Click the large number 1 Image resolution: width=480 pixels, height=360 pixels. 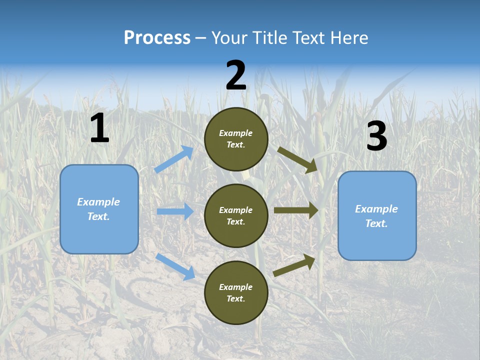(99, 128)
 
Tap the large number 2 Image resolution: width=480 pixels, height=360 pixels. (236, 76)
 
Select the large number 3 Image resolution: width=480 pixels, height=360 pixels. (376, 136)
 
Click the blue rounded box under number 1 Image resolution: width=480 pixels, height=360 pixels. (99, 209)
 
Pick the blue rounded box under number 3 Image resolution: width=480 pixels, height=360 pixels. (377, 216)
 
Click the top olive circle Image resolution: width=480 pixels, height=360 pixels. (236, 139)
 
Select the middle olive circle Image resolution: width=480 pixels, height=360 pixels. (236, 215)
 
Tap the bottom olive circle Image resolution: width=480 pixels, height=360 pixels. (236, 292)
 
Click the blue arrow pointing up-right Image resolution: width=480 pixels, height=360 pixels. (174, 159)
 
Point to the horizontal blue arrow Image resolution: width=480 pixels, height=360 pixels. (175, 211)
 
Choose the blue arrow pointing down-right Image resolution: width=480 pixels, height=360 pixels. (175, 266)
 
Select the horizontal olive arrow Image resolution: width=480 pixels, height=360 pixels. (295, 210)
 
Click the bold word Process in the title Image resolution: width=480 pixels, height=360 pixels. (157, 38)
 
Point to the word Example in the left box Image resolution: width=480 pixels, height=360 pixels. (98, 202)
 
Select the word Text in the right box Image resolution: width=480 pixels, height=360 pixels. (376, 223)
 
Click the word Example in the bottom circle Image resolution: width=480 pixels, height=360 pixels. (236, 287)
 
